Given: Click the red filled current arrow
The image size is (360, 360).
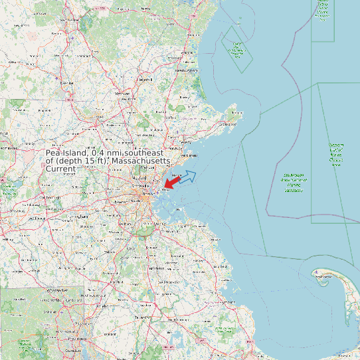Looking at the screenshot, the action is (172, 181).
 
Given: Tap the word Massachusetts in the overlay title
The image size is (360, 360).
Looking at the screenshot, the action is (141, 161).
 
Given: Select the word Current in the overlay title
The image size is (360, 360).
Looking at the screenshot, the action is (60, 169).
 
